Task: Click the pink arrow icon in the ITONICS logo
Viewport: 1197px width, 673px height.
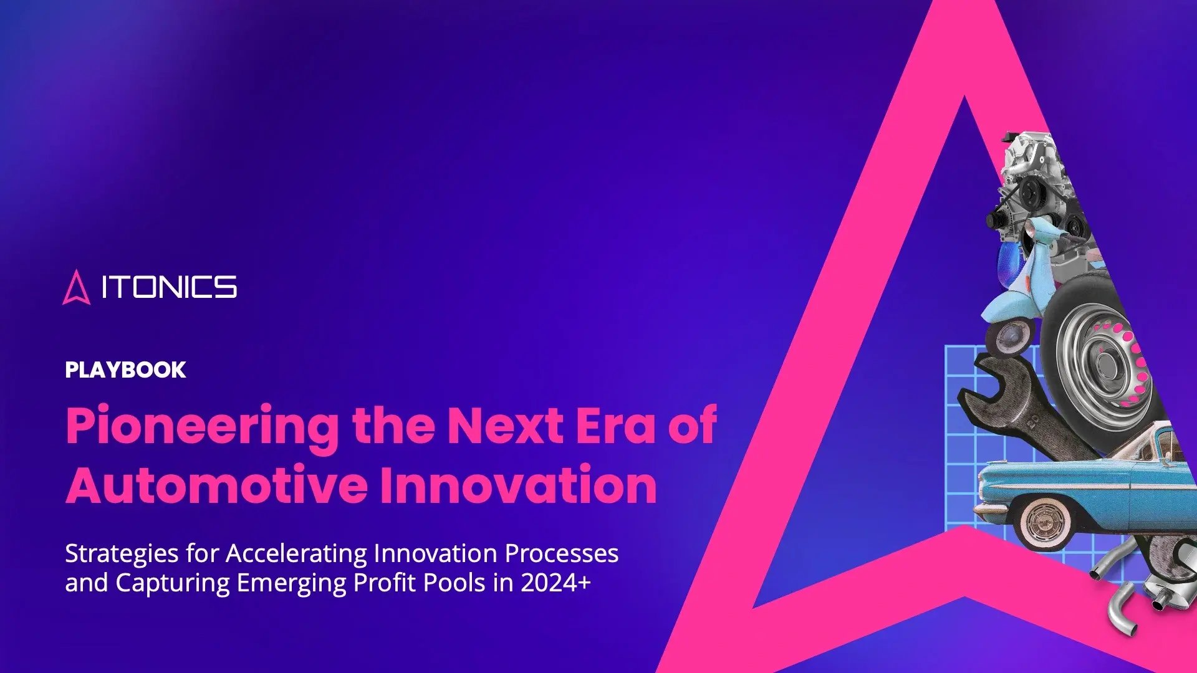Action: coord(76,287)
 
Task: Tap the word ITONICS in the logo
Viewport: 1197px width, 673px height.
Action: coord(169,287)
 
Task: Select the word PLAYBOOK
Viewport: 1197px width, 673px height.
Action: coord(125,370)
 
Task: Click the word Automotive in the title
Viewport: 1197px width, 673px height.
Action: coord(216,485)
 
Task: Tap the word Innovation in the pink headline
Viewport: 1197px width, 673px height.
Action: coord(519,485)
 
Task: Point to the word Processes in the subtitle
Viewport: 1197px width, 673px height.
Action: coord(562,553)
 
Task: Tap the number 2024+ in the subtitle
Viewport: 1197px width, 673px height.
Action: coord(555,583)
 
